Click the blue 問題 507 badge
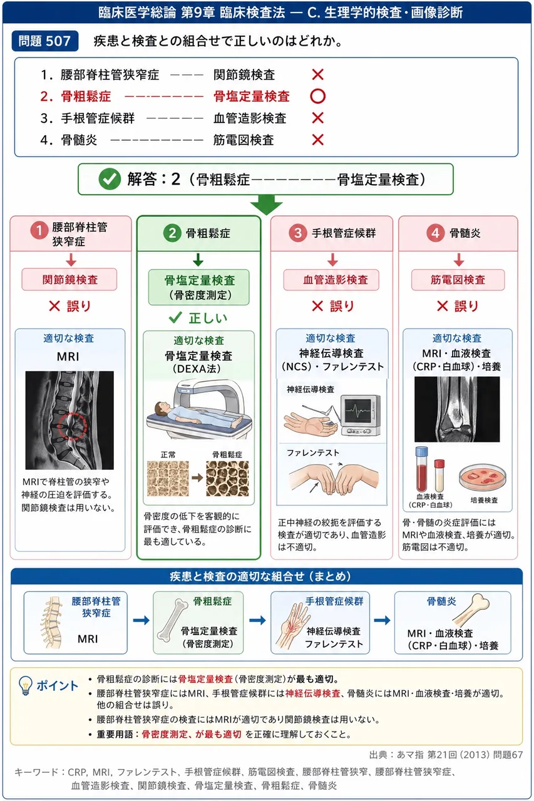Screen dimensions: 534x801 [x=44, y=41]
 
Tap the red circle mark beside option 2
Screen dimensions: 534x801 [x=317, y=96]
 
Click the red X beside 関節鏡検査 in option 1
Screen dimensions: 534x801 [x=317, y=74]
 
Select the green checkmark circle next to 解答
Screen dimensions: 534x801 [x=110, y=179]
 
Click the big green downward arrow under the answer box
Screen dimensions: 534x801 [x=267, y=205]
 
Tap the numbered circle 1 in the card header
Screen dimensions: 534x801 [x=39, y=230]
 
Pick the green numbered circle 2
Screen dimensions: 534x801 [x=172, y=233]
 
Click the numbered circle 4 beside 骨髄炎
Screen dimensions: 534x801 [x=435, y=233]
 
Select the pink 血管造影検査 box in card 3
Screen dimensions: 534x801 [x=331, y=280]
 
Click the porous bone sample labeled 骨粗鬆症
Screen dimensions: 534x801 [x=227, y=479]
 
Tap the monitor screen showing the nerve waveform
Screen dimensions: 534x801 [x=359, y=410]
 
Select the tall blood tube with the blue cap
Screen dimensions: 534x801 [x=422, y=469]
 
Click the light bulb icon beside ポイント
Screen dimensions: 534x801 [x=26, y=685]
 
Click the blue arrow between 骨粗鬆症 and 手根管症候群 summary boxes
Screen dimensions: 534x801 [x=257, y=620]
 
